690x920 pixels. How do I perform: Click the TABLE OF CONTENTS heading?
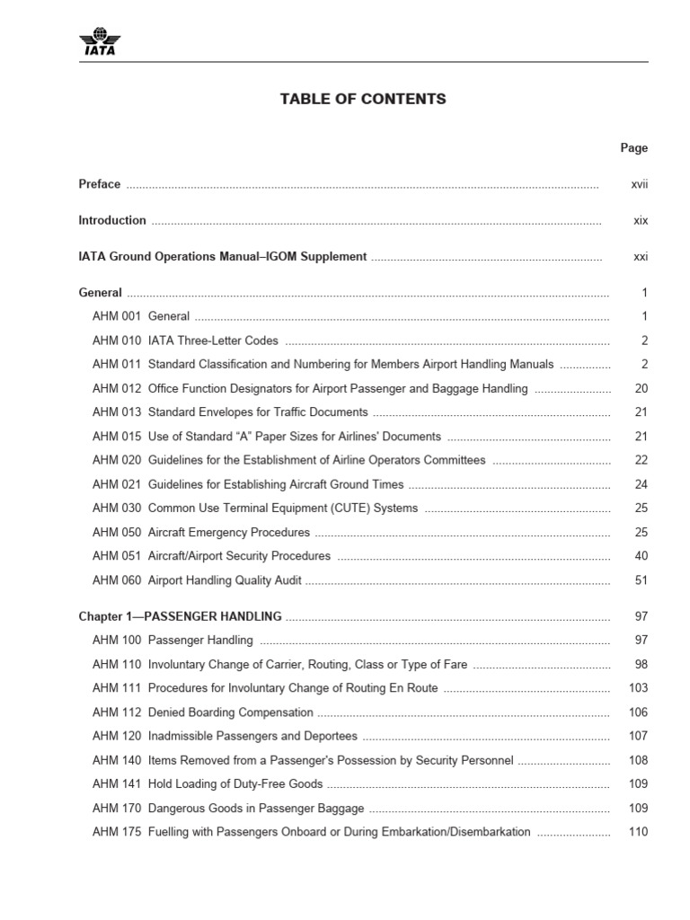363,99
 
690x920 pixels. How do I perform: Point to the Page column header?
633,148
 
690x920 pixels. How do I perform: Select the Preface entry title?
99,184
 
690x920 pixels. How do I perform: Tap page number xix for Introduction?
640,220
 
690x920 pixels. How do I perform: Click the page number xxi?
640,256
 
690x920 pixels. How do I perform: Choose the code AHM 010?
117,341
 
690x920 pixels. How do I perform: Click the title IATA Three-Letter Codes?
213,341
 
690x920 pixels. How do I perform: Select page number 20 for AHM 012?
641,389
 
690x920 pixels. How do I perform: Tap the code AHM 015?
117,437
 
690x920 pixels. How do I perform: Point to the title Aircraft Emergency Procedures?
229,533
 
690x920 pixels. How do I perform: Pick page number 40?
641,556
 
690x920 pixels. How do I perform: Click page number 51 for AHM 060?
641,580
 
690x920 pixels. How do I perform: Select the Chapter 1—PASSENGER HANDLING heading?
180,616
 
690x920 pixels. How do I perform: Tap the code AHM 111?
117,688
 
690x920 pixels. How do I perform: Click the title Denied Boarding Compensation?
231,712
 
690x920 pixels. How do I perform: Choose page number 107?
638,736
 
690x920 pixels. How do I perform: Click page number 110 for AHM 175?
638,832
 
